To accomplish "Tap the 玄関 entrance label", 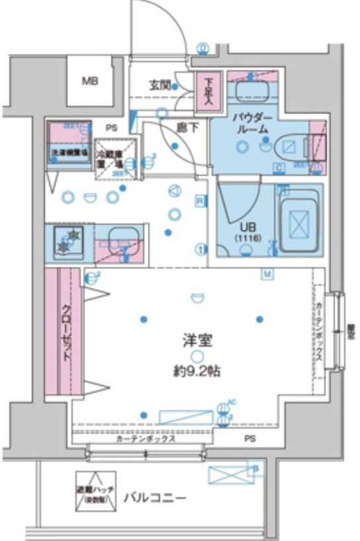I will tap(161, 85).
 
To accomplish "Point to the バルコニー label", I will tap(155, 497).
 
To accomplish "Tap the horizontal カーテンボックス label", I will tap(144, 438).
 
